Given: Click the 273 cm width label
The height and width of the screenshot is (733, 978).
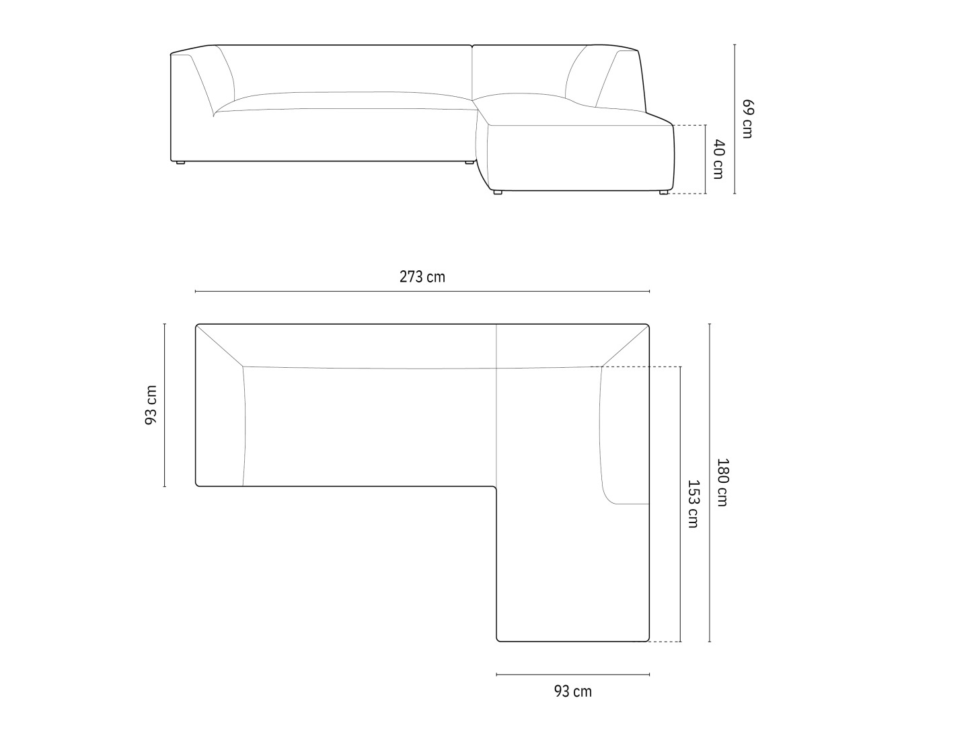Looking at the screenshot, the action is click(422, 277).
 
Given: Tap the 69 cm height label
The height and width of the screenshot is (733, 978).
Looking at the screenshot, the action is click(748, 119).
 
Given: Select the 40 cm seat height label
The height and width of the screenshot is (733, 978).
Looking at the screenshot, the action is click(718, 159).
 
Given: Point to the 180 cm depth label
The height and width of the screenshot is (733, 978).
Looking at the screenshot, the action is click(722, 482).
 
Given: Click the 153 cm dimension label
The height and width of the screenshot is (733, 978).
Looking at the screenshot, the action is click(693, 504).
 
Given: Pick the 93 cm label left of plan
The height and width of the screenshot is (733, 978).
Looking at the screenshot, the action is click(151, 405).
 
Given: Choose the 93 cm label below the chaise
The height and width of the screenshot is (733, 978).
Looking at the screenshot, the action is click(573, 691).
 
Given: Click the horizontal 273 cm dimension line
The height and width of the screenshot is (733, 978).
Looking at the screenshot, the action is click(422, 291).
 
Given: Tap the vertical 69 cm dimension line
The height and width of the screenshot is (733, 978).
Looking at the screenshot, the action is click(735, 119).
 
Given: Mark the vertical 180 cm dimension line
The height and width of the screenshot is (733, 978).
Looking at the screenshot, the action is click(710, 483).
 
